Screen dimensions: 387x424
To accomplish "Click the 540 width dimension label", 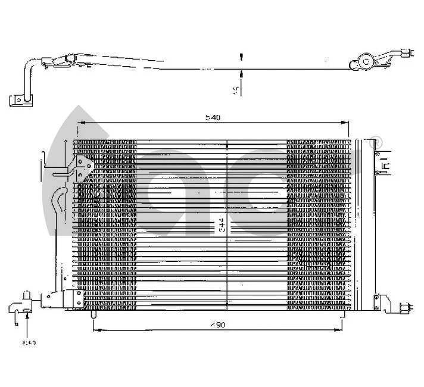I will (x=213, y=117).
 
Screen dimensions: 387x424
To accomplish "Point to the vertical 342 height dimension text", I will (x=222, y=225).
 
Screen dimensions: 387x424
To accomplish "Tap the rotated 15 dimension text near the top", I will (x=236, y=90).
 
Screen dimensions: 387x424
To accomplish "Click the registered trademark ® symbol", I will (x=376, y=141).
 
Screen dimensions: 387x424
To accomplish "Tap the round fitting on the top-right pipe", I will (x=365, y=61).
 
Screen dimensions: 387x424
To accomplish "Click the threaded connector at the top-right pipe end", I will (x=409, y=53).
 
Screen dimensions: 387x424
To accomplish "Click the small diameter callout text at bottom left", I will (x=29, y=343).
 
